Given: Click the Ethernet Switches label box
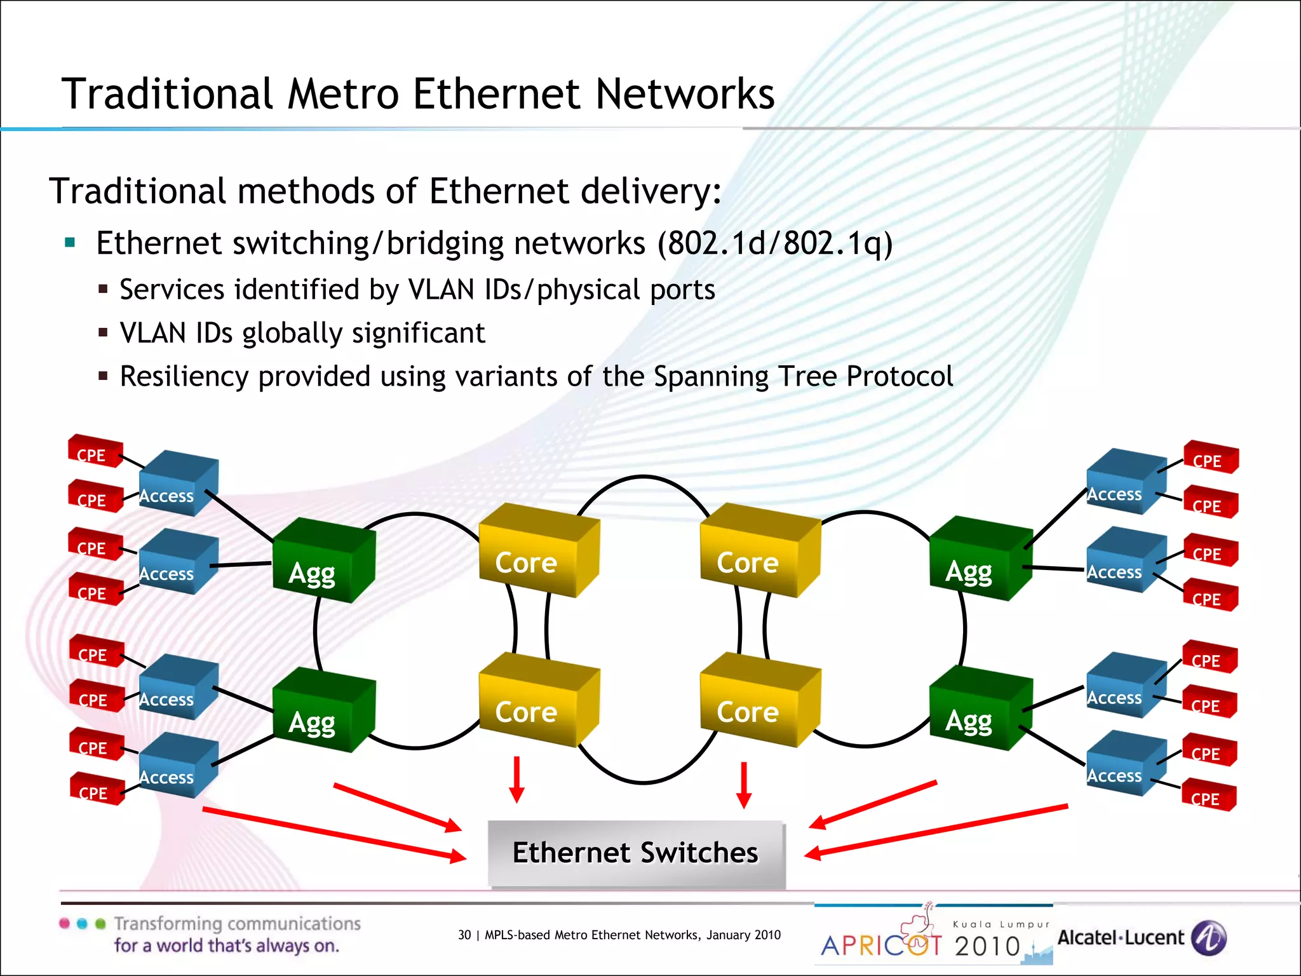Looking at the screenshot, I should click(636, 853).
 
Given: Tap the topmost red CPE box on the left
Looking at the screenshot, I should click(95, 451).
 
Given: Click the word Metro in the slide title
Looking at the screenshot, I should click(343, 94).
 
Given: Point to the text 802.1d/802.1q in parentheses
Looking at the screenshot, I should click(774, 243).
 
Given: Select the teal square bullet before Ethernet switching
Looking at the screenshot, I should click(70, 242).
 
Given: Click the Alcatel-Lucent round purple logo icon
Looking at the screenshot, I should click(1209, 938).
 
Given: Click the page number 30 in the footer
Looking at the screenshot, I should click(464, 935).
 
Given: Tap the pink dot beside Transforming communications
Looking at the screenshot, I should click(64, 923).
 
